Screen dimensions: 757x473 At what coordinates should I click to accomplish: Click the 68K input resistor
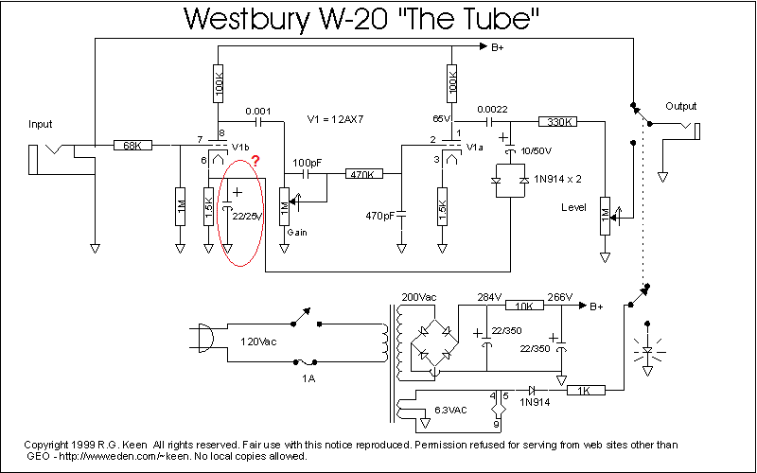(132, 145)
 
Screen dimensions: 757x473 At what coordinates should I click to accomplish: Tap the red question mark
(255, 161)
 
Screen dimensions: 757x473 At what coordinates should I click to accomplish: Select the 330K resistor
(557, 122)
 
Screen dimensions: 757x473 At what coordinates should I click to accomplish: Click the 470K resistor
(363, 174)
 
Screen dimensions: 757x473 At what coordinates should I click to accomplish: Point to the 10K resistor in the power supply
(524, 306)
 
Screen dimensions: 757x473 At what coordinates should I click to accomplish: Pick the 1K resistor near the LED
(585, 390)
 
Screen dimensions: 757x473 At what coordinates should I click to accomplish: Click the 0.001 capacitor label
(257, 111)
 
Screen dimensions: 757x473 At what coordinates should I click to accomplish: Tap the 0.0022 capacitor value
(492, 110)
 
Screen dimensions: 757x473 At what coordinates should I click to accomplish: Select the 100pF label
(307, 163)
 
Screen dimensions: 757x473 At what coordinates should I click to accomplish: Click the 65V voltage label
(442, 119)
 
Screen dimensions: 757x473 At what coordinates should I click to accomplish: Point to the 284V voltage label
(489, 297)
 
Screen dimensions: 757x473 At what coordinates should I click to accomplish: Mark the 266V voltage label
(559, 297)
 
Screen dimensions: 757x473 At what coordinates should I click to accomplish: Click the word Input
(40, 125)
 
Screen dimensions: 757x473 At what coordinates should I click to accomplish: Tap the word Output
(680, 106)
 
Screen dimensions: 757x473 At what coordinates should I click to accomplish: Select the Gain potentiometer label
(297, 232)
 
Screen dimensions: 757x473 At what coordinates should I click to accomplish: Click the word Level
(573, 207)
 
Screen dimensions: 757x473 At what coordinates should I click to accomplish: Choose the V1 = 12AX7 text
(335, 119)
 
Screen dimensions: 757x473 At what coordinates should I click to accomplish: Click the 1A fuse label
(308, 378)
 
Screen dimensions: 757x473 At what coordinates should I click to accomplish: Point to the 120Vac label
(258, 342)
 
